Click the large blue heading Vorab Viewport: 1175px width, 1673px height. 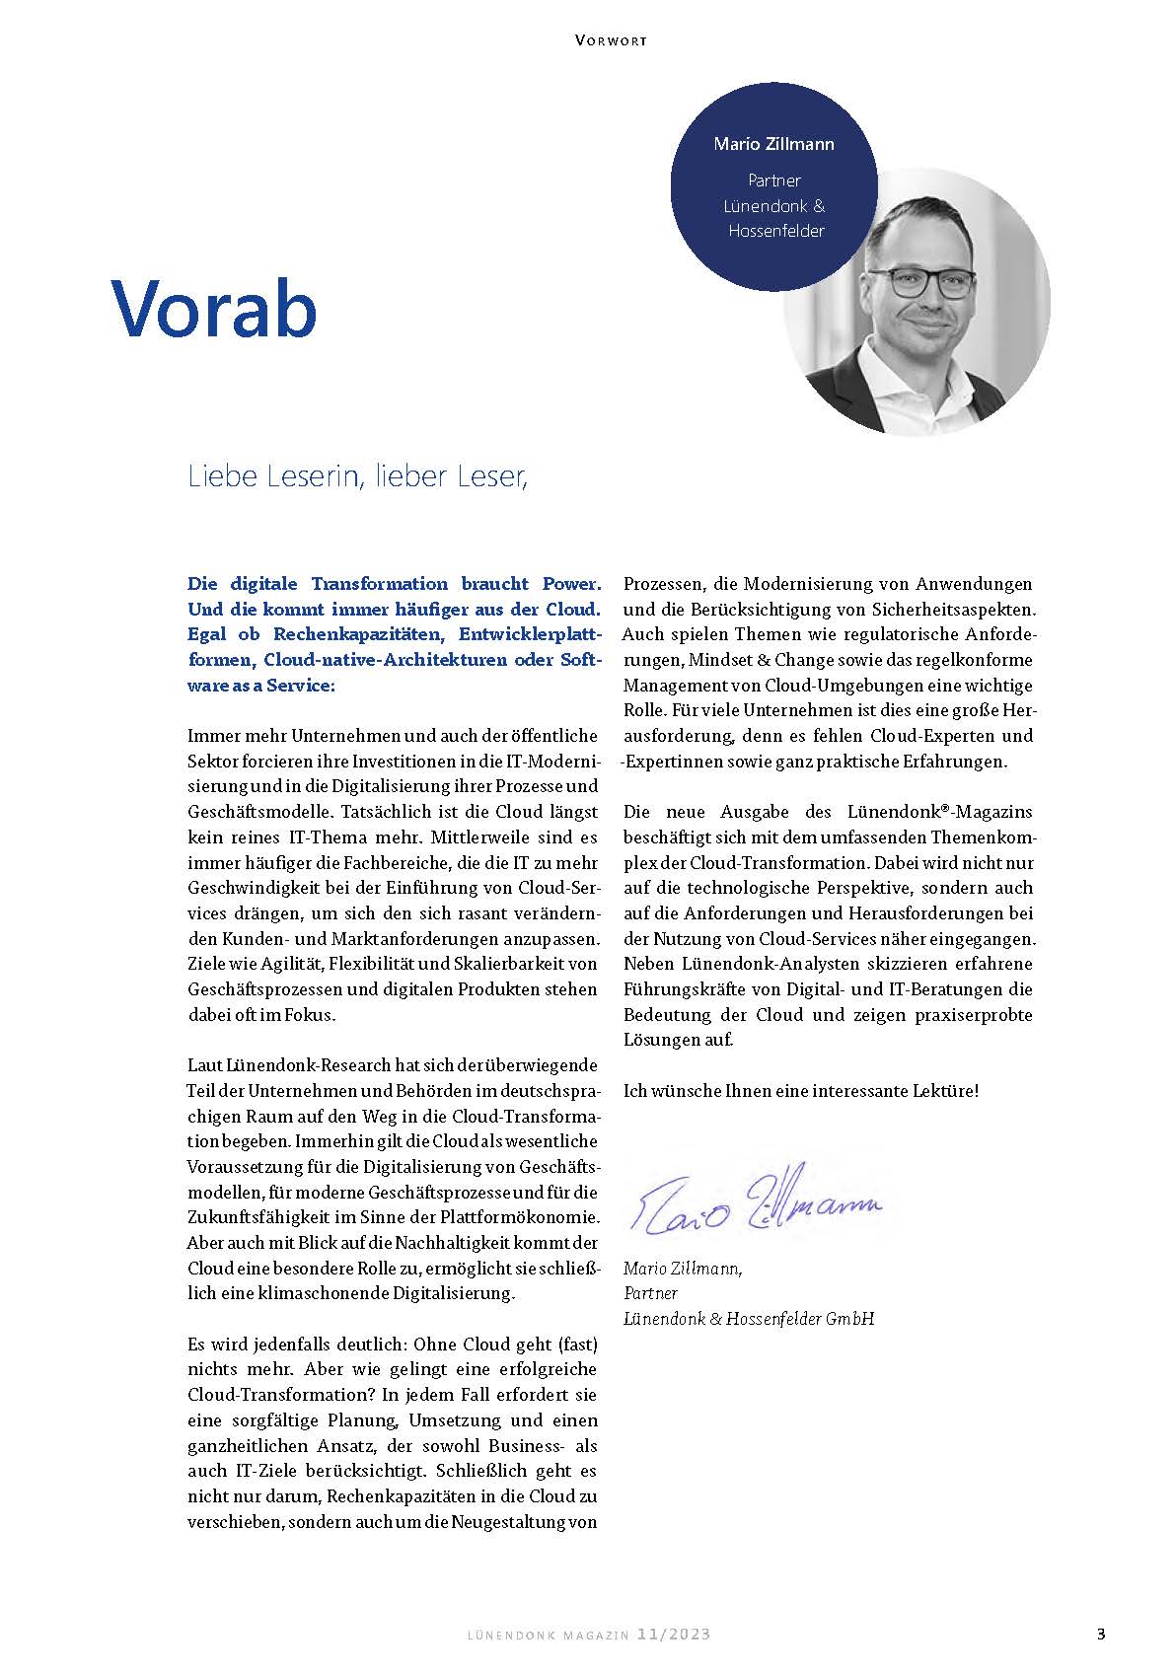tap(214, 307)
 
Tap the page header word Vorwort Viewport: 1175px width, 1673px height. tap(610, 40)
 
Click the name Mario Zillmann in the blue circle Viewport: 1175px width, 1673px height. tap(773, 144)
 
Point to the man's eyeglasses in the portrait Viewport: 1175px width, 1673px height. tap(929, 285)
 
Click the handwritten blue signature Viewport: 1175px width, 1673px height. tap(754, 1200)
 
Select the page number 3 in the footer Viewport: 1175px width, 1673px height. tap(1101, 1634)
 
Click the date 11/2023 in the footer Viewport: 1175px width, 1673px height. tap(674, 1635)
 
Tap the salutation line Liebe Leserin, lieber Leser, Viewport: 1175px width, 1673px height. tap(358, 476)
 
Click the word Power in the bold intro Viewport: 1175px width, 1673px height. tap(568, 584)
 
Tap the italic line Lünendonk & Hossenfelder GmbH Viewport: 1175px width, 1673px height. tap(749, 1319)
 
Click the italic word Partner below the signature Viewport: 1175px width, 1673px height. tap(650, 1293)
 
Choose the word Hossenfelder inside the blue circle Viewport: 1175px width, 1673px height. tap(775, 231)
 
